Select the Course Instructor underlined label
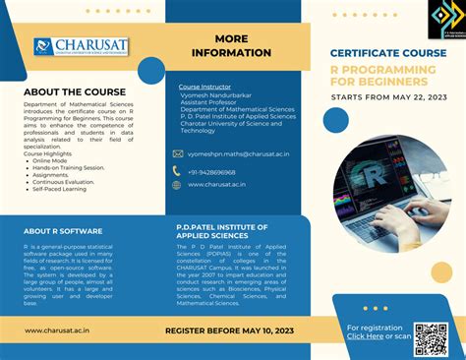(x=204, y=87)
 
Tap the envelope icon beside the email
(x=177, y=154)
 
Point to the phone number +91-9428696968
(x=212, y=171)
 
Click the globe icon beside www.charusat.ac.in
(x=177, y=185)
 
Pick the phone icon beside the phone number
(x=177, y=171)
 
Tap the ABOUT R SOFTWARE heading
(x=64, y=232)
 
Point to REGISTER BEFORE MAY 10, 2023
(x=229, y=330)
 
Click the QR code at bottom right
(x=431, y=337)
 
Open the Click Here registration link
(x=365, y=337)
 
